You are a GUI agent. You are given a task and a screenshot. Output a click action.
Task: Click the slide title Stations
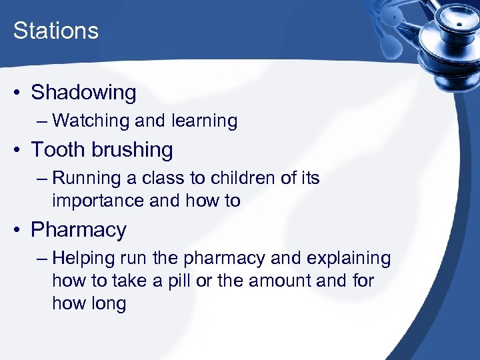point(56,31)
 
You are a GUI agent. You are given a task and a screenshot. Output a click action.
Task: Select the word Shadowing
point(83,93)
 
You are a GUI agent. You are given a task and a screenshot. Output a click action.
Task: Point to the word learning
point(204,121)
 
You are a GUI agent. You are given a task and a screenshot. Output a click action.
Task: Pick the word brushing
point(132,150)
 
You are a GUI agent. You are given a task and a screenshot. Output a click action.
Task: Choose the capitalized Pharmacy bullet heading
point(79,230)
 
